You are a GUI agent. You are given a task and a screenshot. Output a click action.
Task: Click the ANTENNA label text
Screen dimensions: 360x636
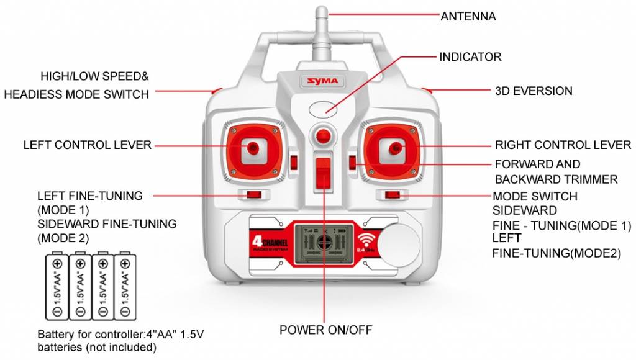(x=468, y=17)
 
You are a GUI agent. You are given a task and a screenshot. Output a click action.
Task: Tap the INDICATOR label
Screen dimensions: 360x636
(x=470, y=57)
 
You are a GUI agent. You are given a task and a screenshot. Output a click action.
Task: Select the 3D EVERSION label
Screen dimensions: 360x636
(x=534, y=91)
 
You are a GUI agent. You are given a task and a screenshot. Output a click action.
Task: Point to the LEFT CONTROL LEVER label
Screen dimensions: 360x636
(x=88, y=145)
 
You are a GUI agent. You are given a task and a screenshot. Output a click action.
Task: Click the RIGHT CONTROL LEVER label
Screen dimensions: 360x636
(x=563, y=145)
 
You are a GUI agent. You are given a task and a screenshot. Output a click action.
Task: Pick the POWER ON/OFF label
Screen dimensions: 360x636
(x=325, y=330)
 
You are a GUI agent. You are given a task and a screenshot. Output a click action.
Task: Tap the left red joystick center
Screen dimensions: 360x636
(x=253, y=147)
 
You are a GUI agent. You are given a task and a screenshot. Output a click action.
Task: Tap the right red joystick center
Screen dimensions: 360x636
(x=394, y=147)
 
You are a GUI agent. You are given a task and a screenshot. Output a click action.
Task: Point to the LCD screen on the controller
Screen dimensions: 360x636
(x=321, y=243)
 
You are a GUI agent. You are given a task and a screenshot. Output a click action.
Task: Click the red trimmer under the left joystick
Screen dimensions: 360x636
(x=253, y=196)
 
